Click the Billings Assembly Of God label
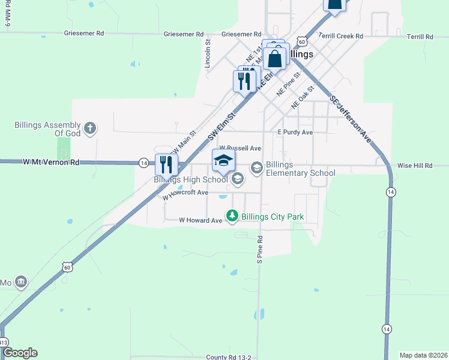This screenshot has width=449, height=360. coord(47,129)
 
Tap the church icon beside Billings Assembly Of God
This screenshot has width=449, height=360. coord(90,128)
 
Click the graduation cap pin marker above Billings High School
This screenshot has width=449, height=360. coord(223,160)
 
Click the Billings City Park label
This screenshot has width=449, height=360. coord(273,216)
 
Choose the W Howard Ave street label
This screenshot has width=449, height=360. coord(200,220)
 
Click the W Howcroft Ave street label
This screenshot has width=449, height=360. coord(185,194)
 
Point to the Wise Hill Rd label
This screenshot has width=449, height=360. coord(415,166)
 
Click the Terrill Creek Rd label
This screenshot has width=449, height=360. coord(340,37)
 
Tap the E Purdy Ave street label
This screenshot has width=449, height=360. coord(295,132)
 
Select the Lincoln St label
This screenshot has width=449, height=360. coord(208,52)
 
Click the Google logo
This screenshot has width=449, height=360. coord(20,353)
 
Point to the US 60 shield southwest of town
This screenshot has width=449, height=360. coord(67,266)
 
